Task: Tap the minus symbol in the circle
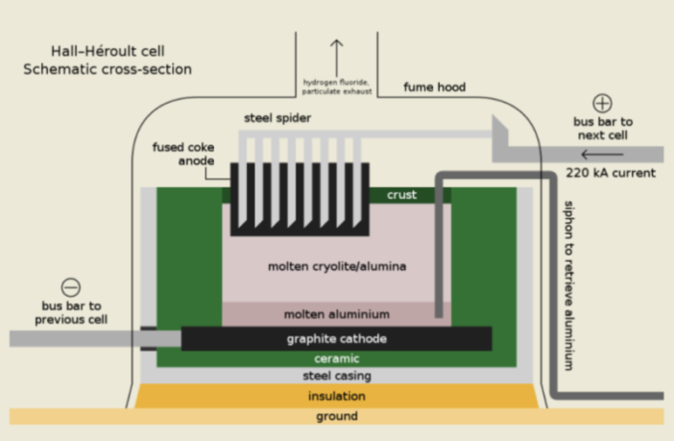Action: pos(71,286)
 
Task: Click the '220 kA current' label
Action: pos(610,174)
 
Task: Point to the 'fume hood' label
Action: pos(433,87)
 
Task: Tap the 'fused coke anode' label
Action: pos(183,154)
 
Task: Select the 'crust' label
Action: pos(402,194)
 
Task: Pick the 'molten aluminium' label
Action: pos(336,314)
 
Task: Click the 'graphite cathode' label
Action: pos(336,339)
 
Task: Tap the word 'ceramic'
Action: pos(336,358)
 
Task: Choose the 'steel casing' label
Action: pos(336,376)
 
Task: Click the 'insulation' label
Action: pos(336,396)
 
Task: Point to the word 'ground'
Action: pos(336,416)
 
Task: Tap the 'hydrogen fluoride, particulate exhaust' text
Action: pos(336,86)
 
